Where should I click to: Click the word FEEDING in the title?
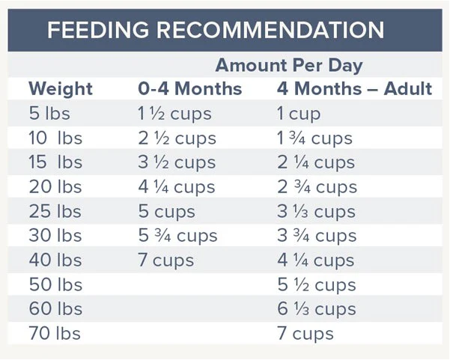pos(98,30)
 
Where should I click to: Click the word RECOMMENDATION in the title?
pos(270,30)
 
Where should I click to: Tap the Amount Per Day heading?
pos(289,66)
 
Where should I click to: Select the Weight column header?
pos(61,88)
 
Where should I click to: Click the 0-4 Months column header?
pos(190,88)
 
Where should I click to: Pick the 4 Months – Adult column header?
pos(354,88)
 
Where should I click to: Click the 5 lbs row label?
pos(49,113)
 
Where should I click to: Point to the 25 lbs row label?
pos(55,212)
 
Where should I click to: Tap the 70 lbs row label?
pos(55,334)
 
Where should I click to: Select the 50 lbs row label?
pos(55,284)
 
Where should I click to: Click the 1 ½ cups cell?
pos(174,115)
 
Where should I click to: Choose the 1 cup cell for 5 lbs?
pos(299,115)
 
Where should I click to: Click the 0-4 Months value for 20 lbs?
pos(177,188)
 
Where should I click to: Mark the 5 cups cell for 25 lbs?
pos(166,213)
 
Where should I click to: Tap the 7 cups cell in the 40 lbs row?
pos(166,260)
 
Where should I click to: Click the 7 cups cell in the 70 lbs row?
pos(305,335)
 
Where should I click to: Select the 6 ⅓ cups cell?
pos(317,310)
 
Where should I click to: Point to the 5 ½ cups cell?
pos(317,285)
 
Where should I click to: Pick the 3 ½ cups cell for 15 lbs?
pos(177,163)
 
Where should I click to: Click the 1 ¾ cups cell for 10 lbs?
pos(314,139)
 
